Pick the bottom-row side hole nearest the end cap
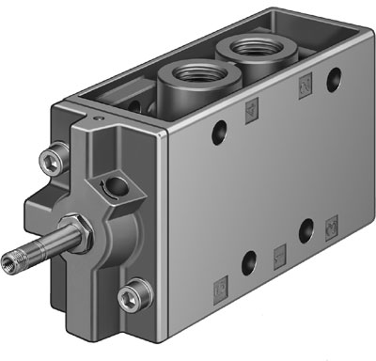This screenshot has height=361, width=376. [x=245, y=262]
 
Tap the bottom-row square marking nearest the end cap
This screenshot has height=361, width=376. [x=219, y=282]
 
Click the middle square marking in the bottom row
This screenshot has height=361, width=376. [x=278, y=251]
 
